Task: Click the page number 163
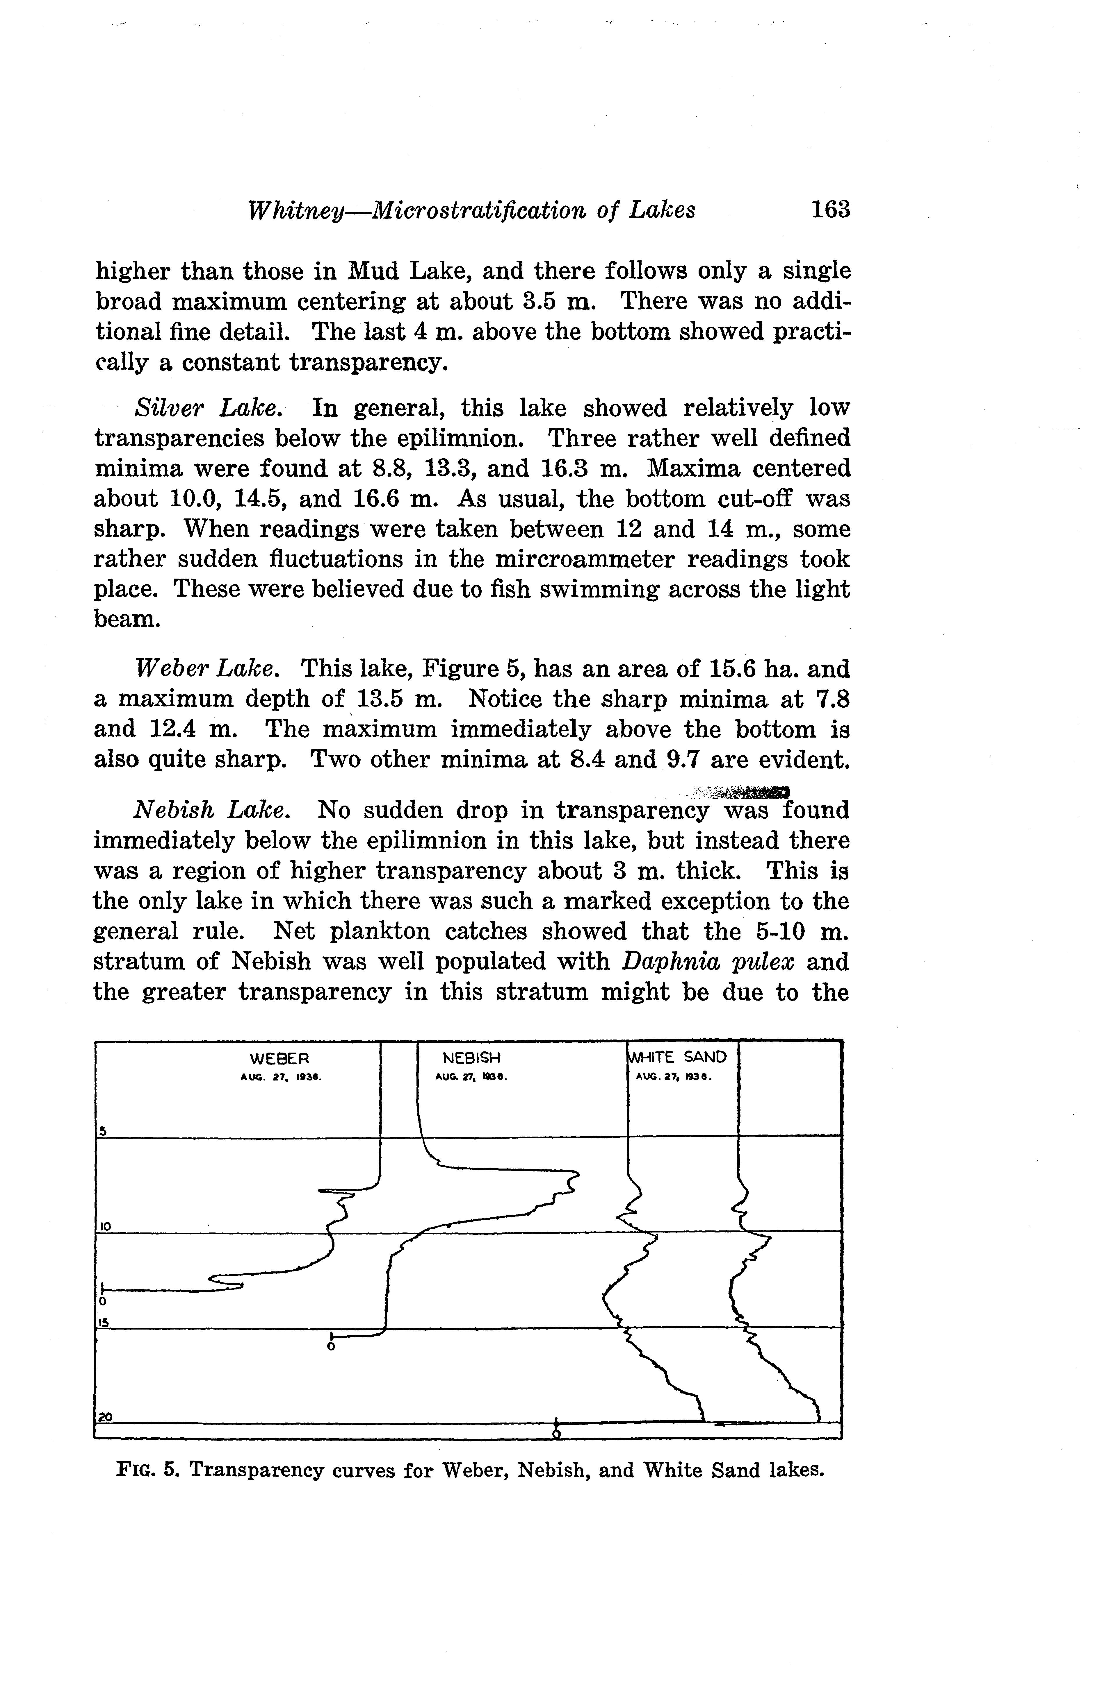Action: click(x=829, y=210)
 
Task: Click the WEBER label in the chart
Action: click(x=279, y=1058)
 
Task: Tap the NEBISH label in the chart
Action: click(x=471, y=1058)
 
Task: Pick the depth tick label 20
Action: click(x=105, y=1416)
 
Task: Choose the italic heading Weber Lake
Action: click(x=205, y=669)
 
